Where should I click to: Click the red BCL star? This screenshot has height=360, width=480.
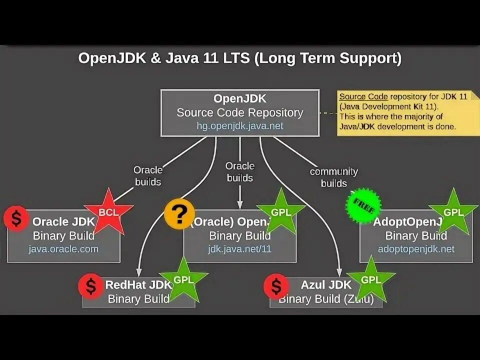tap(108, 212)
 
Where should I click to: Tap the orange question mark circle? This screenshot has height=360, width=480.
tap(179, 214)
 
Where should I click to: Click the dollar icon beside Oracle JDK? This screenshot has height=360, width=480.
tap(16, 218)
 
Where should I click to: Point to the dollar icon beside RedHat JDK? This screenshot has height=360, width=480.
tap(91, 285)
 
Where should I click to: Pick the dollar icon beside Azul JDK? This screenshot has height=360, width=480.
tap(276, 285)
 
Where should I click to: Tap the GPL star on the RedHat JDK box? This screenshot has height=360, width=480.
tap(183, 280)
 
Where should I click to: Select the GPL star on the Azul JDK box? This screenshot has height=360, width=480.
tap(370, 280)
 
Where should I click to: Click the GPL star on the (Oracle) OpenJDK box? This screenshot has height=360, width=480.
tap(280, 212)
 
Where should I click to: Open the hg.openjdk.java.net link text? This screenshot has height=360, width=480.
tap(240, 126)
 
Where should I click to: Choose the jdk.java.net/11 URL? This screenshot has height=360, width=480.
tap(240, 248)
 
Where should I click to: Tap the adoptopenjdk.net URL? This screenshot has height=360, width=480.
tap(416, 248)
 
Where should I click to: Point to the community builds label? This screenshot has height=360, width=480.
tap(333, 177)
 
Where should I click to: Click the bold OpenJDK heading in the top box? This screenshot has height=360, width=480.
tap(239, 99)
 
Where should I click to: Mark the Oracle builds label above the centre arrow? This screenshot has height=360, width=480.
tap(240, 171)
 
